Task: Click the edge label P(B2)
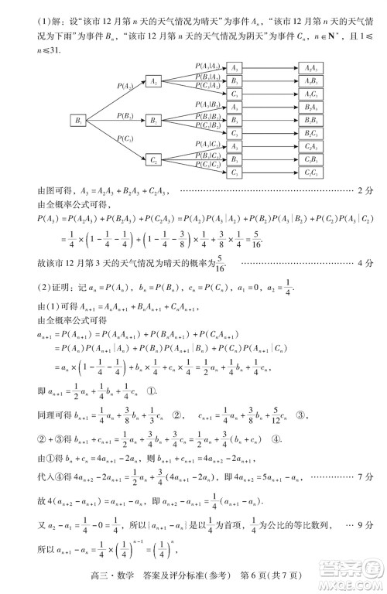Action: (x=127, y=115)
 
